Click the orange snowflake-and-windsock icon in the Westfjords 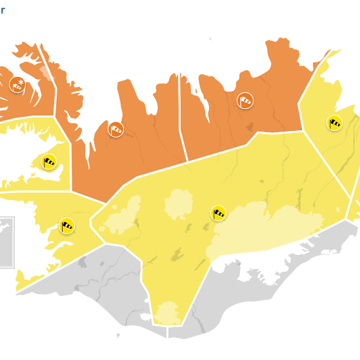(x=17, y=84)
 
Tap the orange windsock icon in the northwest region (x=115, y=129)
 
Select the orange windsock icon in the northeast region (x=245, y=100)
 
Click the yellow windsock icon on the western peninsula (x=48, y=161)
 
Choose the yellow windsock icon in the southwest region (x=66, y=225)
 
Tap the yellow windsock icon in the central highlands (x=219, y=212)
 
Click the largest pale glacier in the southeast (x=265, y=229)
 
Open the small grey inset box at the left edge (x=6, y=242)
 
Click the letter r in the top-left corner (x=3, y=9)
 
